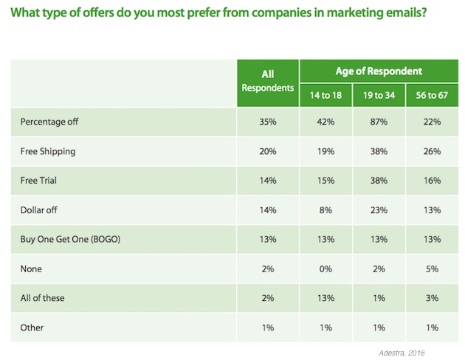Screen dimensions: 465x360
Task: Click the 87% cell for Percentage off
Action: click(x=379, y=122)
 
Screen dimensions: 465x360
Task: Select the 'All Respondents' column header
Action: click(x=267, y=81)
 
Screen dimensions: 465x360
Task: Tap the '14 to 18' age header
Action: click(x=325, y=95)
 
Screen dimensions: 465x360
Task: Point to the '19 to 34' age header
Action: click(x=379, y=95)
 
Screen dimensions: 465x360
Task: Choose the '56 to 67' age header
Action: click(x=432, y=95)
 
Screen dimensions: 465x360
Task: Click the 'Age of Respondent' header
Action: click(x=379, y=71)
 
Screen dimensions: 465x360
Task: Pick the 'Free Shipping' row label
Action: click(x=48, y=152)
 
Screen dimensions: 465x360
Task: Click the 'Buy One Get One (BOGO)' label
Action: click(x=70, y=240)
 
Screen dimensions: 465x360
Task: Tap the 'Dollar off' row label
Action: click(x=38, y=210)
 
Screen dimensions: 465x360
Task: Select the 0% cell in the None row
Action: click(x=325, y=269)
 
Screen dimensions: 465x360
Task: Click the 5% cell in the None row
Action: click(x=432, y=269)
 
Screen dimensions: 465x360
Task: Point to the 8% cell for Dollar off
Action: click(x=325, y=210)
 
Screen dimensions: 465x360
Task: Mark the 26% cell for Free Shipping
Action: click(x=432, y=151)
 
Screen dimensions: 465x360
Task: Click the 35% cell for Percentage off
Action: click(x=268, y=122)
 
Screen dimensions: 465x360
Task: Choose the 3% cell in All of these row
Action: click(x=432, y=298)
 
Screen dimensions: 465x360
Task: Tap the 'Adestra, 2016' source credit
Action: click(x=402, y=353)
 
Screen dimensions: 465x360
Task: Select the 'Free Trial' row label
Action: click(x=38, y=181)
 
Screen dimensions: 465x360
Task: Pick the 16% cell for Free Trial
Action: click(x=432, y=181)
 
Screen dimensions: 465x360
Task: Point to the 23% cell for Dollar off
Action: click(x=379, y=210)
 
